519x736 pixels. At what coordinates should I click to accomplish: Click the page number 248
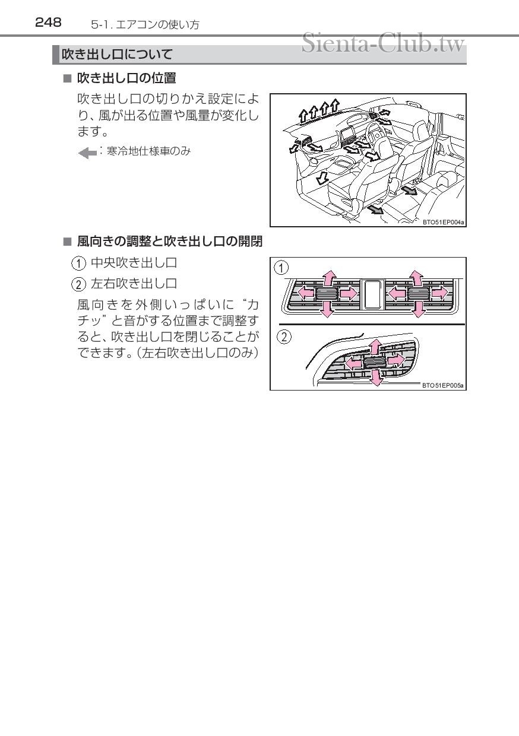pyautogui.click(x=48, y=23)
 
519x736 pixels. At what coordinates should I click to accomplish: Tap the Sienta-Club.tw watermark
pyautogui.click(x=382, y=43)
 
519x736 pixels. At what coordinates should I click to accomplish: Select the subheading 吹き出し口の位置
pyautogui.click(x=126, y=78)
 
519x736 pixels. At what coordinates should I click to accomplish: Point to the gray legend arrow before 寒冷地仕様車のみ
pyautogui.click(x=87, y=153)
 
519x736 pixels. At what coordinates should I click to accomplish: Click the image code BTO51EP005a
pyautogui.click(x=443, y=385)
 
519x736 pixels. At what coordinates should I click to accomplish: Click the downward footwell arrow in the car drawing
pyautogui.click(x=321, y=176)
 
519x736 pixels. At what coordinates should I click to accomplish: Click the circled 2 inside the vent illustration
pyautogui.click(x=284, y=337)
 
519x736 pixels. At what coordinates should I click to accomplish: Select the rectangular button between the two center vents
pyautogui.click(x=372, y=293)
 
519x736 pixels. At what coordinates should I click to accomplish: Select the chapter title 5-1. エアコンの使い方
pyautogui.click(x=145, y=25)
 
